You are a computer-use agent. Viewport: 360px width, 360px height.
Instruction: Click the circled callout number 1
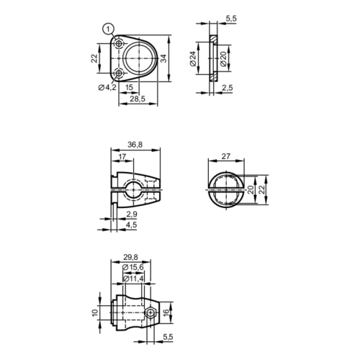[108, 30]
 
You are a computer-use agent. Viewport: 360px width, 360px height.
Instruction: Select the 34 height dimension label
[163, 58]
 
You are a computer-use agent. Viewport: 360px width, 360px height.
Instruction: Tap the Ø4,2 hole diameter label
[107, 88]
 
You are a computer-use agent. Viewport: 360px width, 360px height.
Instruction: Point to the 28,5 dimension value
[138, 99]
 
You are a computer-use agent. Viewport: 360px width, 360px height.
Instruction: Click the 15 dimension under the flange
[129, 87]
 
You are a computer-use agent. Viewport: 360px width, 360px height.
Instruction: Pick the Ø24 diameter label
[193, 58]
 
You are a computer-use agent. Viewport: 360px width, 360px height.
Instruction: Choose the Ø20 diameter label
[223, 58]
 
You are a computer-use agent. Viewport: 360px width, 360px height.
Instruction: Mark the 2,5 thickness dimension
[227, 88]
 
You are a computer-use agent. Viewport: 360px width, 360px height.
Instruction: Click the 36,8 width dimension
[135, 145]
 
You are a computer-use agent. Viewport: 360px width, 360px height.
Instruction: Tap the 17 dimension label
[122, 157]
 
